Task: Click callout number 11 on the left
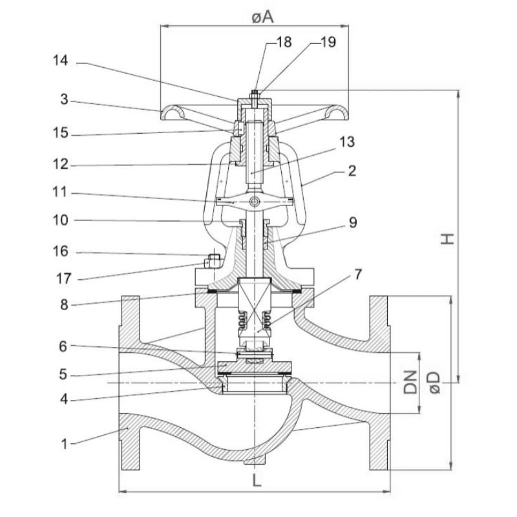coord(61,193)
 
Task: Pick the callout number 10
coord(61,220)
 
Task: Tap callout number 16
coord(61,251)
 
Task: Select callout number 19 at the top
coord(328,43)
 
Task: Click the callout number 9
coord(353,223)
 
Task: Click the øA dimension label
coord(260,18)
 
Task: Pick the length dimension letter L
coord(256,481)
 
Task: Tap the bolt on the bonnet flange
coord(212,262)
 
